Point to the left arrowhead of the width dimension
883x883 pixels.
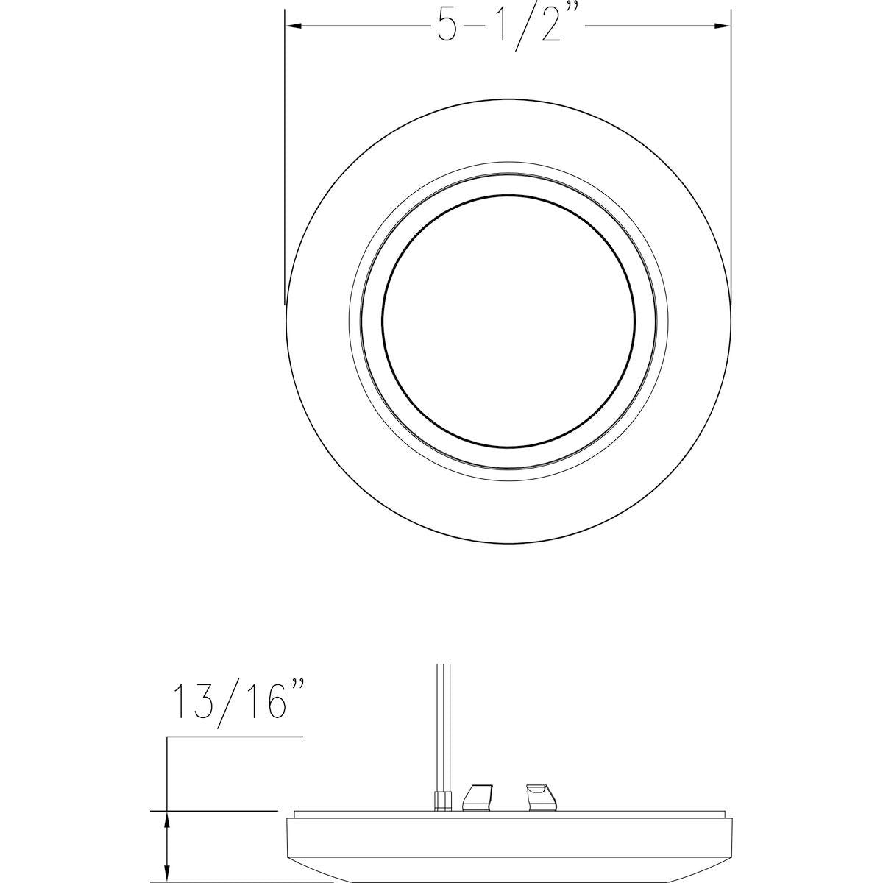click(x=294, y=26)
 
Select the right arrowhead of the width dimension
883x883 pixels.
click(x=721, y=26)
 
